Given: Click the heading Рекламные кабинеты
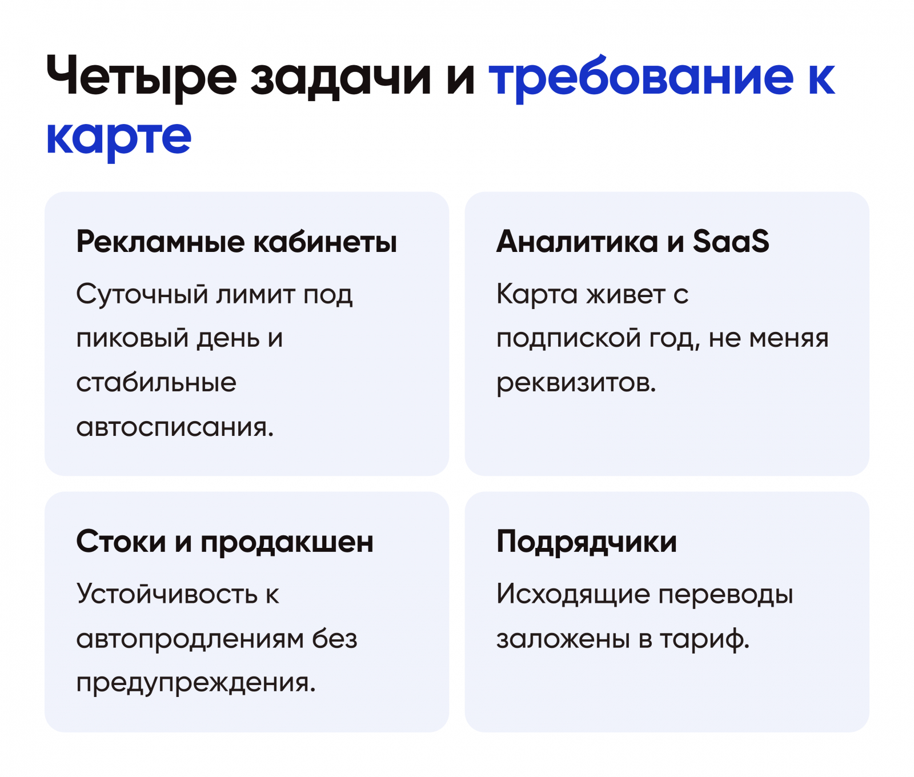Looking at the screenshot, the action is pyautogui.click(x=236, y=242).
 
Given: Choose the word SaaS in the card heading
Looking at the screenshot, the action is pyautogui.click(x=731, y=241).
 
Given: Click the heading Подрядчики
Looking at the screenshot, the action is pyautogui.click(x=587, y=542).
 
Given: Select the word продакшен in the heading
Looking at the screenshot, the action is pyautogui.click(x=287, y=542).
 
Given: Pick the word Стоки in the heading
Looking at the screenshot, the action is pyautogui.click(x=121, y=541).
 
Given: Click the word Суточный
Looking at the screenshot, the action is pyautogui.click(x=142, y=295).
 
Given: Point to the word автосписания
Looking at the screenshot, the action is pyautogui.click(x=175, y=427).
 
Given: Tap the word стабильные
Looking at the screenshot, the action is pyautogui.click(x=156, y=382).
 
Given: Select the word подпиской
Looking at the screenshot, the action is pyautogui.click(x=568, y=338).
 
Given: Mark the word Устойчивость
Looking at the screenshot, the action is pyautogui.click(x=167, y=594).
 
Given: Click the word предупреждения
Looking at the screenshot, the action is pyautogui.click(x=196, y=683).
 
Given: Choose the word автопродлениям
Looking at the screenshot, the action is pyautogui.click(x=190, y=639).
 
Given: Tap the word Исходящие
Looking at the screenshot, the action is pyautogui.click(x=573, y=595).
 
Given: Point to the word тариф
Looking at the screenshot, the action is pyautogui.click(x=704, y=639).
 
